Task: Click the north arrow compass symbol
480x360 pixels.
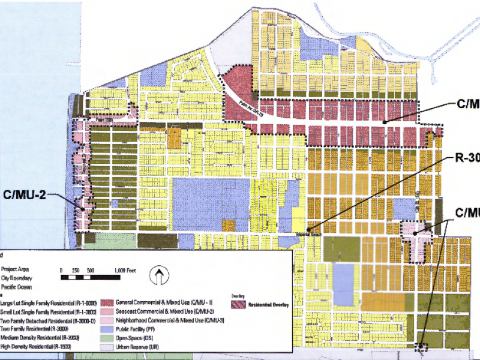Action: click(159, 277)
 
